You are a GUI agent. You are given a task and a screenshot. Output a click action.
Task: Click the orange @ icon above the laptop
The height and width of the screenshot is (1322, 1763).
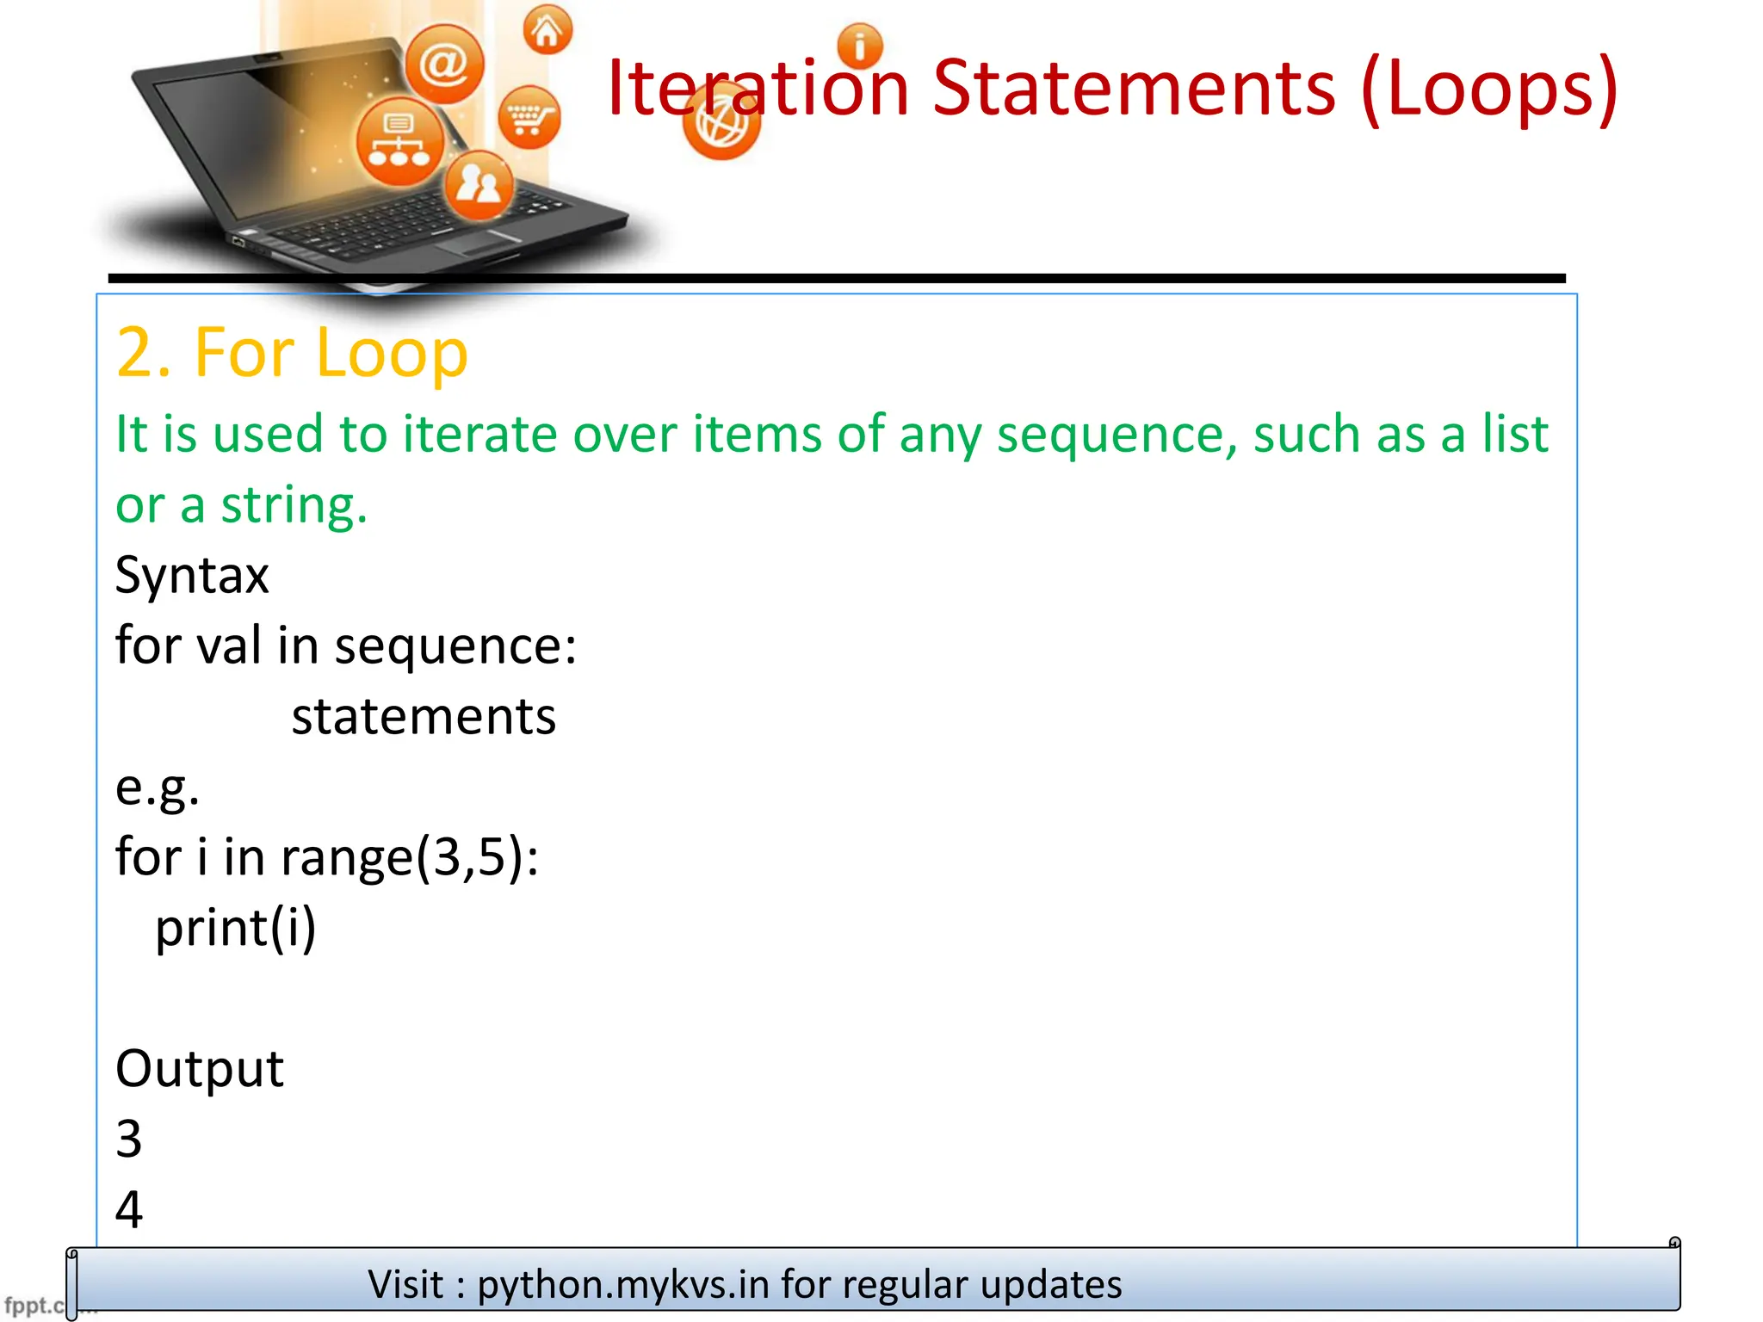tap(444, 65)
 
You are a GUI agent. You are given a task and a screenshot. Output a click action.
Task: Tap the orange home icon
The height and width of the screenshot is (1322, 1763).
tap(547, 31)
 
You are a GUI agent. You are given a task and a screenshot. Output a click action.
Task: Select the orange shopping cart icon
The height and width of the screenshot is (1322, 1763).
tap(529, 118)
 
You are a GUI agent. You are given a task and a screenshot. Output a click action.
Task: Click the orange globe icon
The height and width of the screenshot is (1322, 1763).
tap(721, 122)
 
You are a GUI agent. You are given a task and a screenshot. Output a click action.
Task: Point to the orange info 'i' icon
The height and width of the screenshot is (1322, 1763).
tap(859, 46)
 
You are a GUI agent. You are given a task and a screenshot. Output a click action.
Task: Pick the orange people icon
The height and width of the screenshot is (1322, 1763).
tap(479, 184)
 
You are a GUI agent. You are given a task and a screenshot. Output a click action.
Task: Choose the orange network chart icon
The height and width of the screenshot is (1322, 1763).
tap(399, 142)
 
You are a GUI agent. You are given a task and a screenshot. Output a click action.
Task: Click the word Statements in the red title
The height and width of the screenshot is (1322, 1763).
tap(1134, 88)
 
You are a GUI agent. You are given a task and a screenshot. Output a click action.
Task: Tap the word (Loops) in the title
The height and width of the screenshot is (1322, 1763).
tap(1489, 88)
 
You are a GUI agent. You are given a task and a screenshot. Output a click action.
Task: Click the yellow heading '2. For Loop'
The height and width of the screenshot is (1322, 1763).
tap(292, 353)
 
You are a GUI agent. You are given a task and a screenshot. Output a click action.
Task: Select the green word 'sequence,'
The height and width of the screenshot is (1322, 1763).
tap(1117, 435)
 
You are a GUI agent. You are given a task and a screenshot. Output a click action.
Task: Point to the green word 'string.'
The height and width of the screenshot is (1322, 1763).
tap(294, 505)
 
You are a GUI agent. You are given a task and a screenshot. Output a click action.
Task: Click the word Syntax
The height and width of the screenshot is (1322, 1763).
tap(192, 575)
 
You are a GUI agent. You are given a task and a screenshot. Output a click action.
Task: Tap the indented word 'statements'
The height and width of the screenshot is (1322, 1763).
tap(424, 716)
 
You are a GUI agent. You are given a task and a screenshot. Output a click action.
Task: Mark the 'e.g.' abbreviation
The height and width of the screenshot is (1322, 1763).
tap(158, 787)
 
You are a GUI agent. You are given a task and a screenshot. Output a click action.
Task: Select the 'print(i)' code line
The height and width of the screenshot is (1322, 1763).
tap(235, 928)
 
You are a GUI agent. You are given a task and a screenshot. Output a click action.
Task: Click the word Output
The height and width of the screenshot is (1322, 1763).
tap(200, 1069)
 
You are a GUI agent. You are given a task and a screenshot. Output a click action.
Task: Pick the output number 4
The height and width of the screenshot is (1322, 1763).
tap(129, 1209)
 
